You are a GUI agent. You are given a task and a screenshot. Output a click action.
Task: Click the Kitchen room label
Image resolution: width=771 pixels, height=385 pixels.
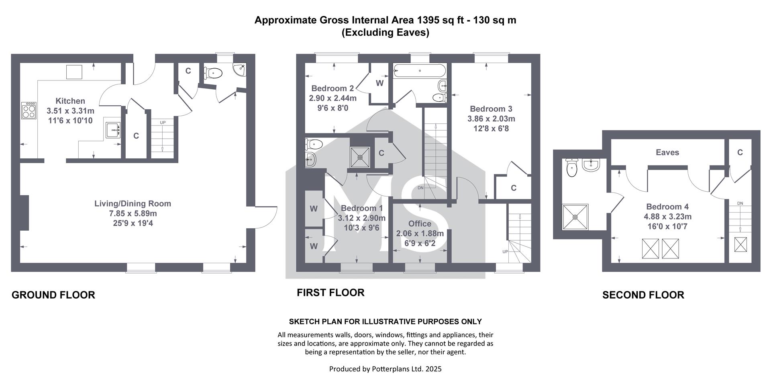(x=70, y=101)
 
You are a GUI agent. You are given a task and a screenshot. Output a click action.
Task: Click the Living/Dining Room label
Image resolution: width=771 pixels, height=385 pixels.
(x=133, y=203)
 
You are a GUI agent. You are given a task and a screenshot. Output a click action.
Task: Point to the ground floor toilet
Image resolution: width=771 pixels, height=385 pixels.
(x=213, y=73)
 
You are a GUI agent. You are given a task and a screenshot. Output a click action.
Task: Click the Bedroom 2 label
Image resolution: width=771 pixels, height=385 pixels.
(x=332, y=88)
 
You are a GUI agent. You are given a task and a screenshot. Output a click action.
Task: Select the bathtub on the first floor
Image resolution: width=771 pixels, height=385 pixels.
(x=420, y=71)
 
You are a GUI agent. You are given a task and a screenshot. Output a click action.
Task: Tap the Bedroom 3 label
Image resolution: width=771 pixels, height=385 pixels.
(x=491, y=109)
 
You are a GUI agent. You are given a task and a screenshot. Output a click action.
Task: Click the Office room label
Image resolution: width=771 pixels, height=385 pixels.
(x=420, y=223)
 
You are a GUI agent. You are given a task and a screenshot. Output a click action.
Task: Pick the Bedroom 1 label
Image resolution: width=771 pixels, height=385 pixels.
(x=361, y=208)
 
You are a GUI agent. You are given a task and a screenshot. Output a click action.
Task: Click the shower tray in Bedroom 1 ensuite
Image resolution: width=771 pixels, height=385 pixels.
(x=360, y=156)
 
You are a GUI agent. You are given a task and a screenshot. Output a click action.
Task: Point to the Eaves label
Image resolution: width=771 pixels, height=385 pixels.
(x=667, y=152)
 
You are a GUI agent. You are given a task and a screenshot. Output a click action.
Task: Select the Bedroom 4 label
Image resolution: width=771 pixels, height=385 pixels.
(x=667, y=207)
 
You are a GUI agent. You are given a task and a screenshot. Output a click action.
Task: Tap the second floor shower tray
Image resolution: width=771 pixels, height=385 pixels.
(x=575, y=217)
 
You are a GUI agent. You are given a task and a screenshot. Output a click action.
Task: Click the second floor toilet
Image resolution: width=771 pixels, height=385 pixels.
(x=571, y=168)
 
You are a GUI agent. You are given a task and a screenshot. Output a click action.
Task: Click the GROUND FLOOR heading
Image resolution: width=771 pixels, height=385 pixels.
(x=53, y=295)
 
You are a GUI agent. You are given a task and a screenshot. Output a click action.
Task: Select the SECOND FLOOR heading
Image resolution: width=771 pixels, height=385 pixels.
(x=643, y=295)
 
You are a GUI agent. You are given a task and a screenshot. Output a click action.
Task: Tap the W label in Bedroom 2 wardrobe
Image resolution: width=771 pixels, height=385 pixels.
(x=379, y=84)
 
